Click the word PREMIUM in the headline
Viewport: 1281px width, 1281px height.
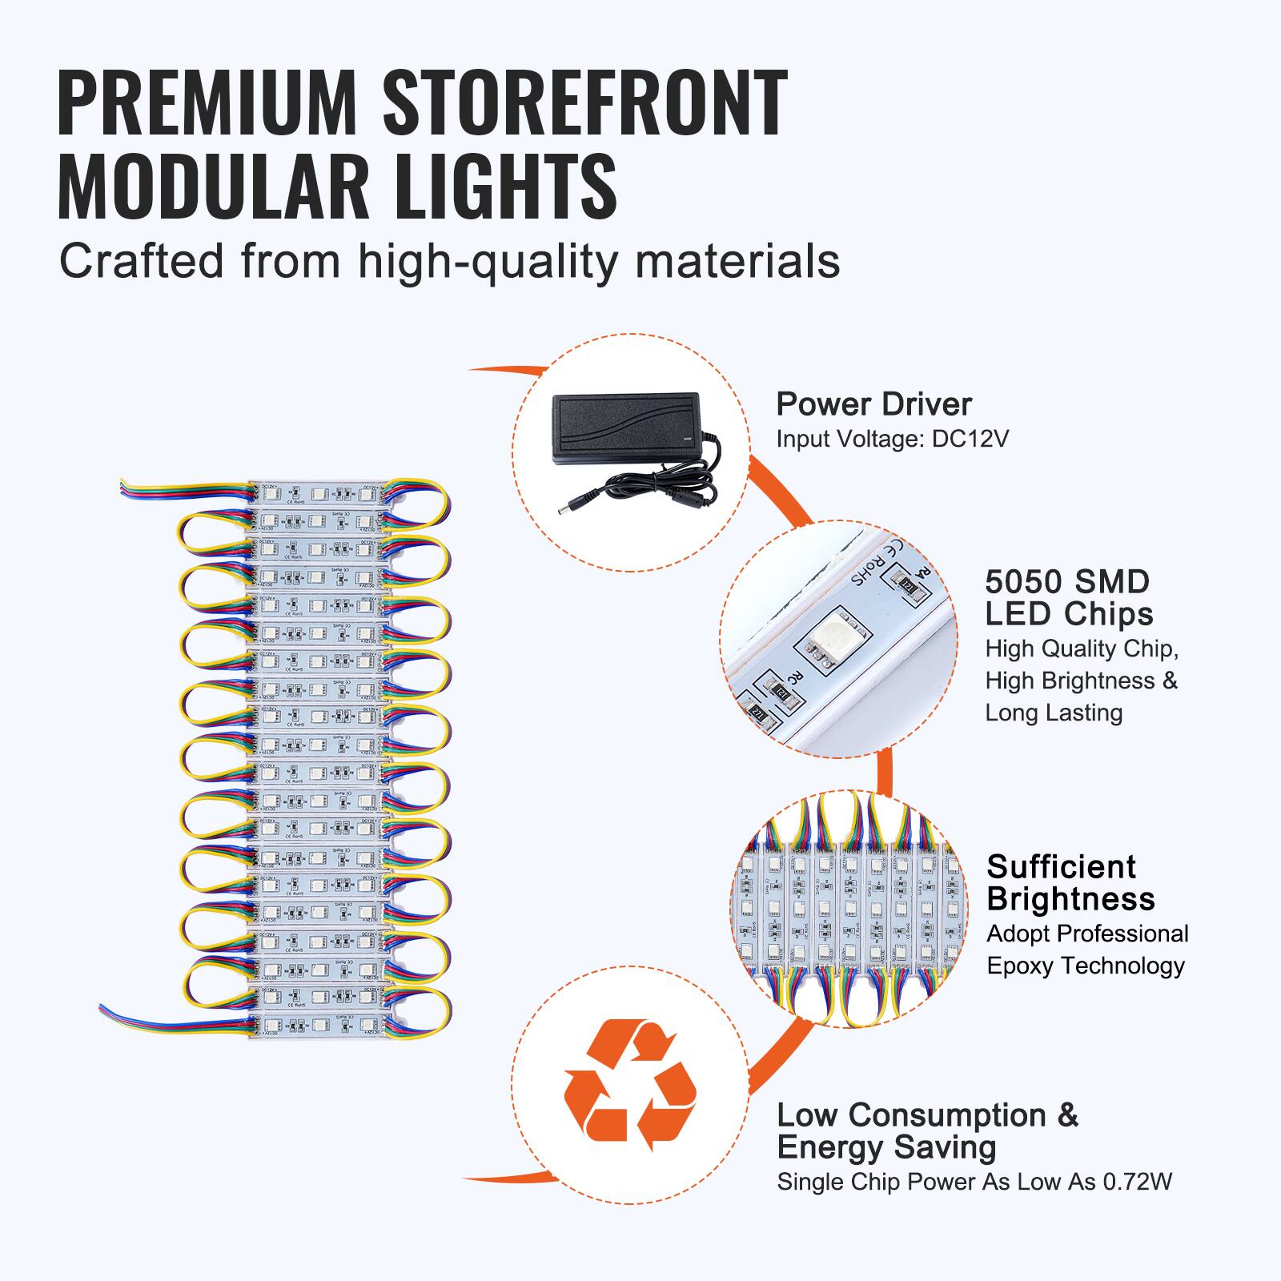(207, 104)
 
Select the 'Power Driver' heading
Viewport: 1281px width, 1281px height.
(873, 404)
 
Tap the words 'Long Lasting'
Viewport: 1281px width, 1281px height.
(1054, 713)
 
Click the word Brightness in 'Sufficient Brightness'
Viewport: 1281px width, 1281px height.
(1070, 899)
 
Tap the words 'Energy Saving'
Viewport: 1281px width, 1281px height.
(886, 1147)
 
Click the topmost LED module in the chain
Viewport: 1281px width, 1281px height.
(319, 493)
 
